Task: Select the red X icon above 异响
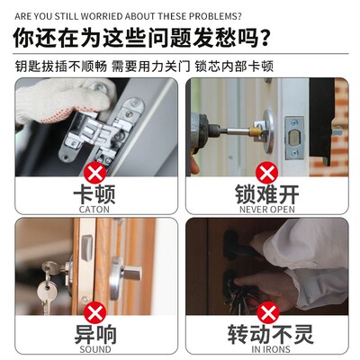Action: (92, 311)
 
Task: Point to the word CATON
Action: (92, 210)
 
